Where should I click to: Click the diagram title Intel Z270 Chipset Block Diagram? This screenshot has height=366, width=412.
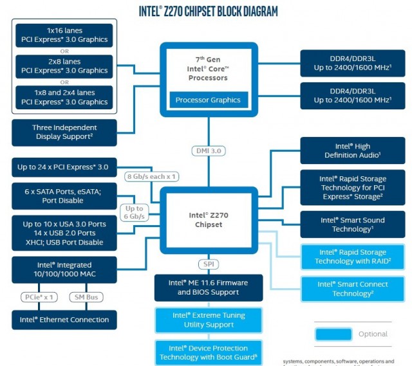209,11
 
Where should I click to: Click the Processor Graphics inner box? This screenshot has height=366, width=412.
208,100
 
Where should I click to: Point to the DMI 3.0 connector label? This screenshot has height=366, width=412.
208,151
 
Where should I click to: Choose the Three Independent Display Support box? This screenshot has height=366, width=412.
64,132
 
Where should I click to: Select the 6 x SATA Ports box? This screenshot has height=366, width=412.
64,196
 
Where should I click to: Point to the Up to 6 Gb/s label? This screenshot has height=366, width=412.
134,213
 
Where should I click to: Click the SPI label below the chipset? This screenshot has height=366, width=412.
208,264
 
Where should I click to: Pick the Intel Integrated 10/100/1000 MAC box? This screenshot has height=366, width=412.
64,270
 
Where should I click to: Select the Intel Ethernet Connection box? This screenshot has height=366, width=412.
64,320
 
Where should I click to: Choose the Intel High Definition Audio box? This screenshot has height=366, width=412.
353,151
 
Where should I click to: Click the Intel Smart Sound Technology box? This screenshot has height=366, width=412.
353,224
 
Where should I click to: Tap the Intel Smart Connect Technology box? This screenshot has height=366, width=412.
353,289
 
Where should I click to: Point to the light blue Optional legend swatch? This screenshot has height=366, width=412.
333,334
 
